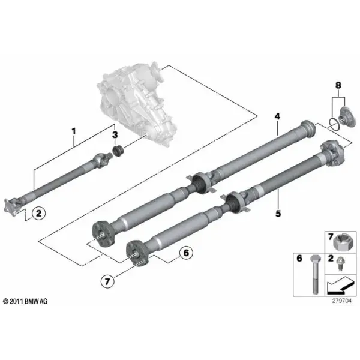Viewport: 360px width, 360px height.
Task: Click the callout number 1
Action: coord(73,131)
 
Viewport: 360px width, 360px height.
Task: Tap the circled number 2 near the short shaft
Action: coord(38,213)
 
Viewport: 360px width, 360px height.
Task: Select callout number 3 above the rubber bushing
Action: coord(115,135)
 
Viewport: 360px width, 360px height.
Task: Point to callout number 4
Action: coord(277,116)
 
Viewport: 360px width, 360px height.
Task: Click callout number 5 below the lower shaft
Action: coord(278,214)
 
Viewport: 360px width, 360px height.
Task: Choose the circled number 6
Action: coord(186,253)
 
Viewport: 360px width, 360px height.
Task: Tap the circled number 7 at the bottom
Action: coord(107,281)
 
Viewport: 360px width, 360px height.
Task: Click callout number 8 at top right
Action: coord(338,85)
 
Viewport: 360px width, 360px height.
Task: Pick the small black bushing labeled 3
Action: coord(118,151)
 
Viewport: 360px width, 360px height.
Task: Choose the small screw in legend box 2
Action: coord(340,265)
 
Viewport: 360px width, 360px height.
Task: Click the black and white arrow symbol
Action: coord(339,286)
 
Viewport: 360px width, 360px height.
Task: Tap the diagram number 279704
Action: coord(341,301)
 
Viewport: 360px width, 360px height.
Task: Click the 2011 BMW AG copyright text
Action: coord(25,301)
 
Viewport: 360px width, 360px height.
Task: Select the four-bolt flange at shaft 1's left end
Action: coord(11,207)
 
